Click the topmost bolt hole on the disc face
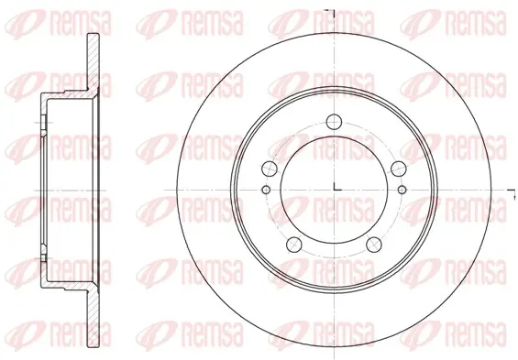click(334, 122)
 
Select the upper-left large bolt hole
click(270, 169)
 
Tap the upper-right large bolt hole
click(399, 169)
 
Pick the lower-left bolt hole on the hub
click(294, 245)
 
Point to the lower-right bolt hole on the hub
click(374, 245)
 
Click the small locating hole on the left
click(266, 190)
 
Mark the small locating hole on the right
click(402, 190)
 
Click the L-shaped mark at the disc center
click(337, 187)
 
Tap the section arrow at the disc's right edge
click(512, 194)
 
